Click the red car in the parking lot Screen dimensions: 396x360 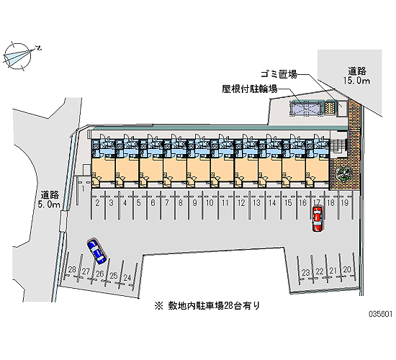pos(318,219)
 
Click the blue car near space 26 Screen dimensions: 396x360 pos(96,251)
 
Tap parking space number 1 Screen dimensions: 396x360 pos(83,189)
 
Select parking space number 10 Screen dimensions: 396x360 pos(210,202)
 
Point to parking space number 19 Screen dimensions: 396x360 pos(345,202)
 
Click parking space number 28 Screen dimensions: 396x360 pos(72,269)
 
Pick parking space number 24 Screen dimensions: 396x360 pos(127,278)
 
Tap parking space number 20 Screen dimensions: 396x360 pos(347,269)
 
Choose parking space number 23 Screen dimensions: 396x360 pos(305,273)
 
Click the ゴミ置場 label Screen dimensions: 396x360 pos(279,74)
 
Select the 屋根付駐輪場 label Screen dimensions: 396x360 pos(250,89)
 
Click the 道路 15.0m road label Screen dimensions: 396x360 pos(356,76)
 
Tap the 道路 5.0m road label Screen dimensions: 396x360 pos(49,199)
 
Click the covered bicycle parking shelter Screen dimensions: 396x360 pos(307,108)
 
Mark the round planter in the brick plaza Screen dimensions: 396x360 pos(343,173)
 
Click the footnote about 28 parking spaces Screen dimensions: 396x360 pos(207,306)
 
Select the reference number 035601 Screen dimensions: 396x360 pos(381,314)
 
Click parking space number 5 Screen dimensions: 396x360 pos(138,202)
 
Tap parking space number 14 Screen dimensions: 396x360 pos(272,202)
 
